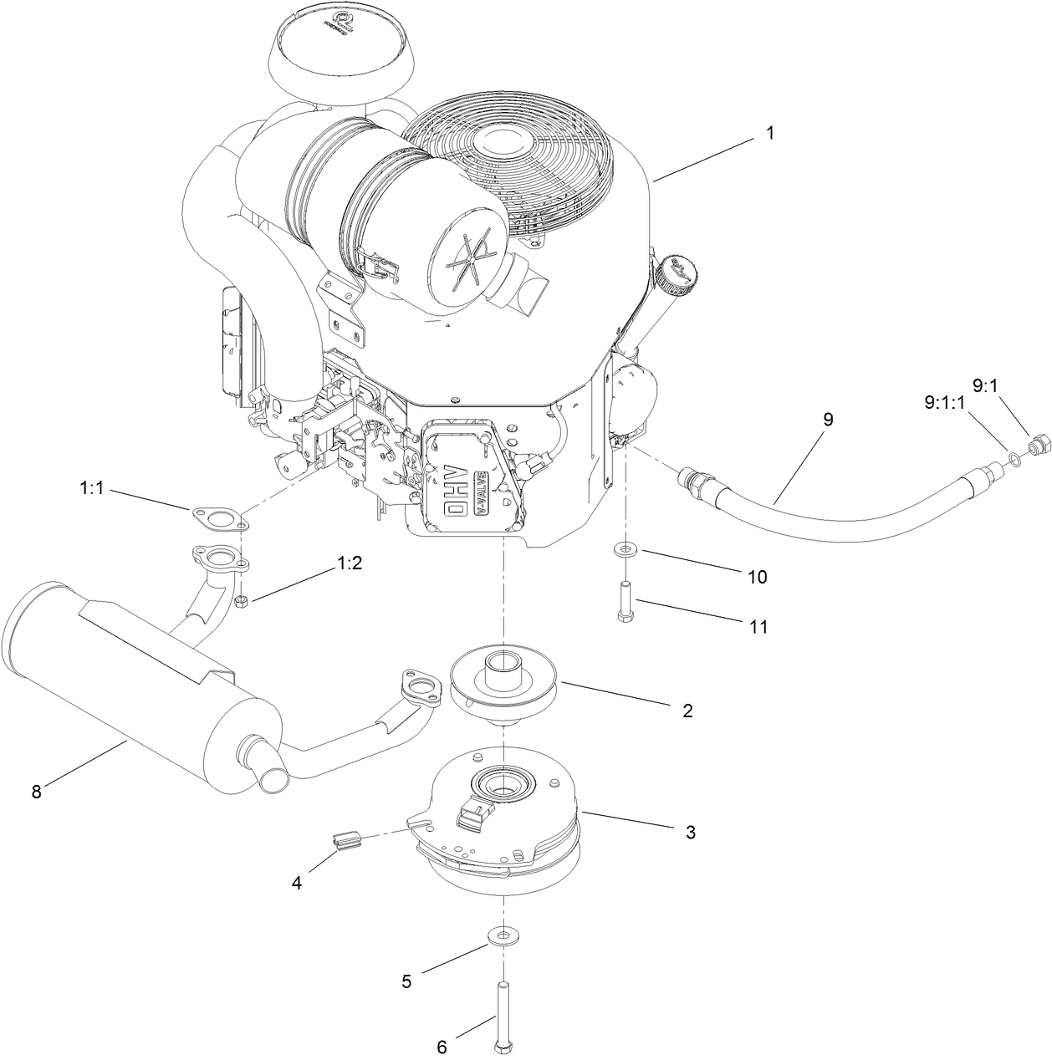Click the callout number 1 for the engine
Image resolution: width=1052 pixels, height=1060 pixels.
(770, 133)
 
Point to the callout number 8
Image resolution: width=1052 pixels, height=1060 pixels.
(36, 792)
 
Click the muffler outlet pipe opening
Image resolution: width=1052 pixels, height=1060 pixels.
(273, 779)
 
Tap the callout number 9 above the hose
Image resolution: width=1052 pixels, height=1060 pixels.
(828, 420)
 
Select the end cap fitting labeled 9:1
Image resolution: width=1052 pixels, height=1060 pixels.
(1038, 443)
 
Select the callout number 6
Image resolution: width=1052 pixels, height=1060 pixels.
(442, 1046)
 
